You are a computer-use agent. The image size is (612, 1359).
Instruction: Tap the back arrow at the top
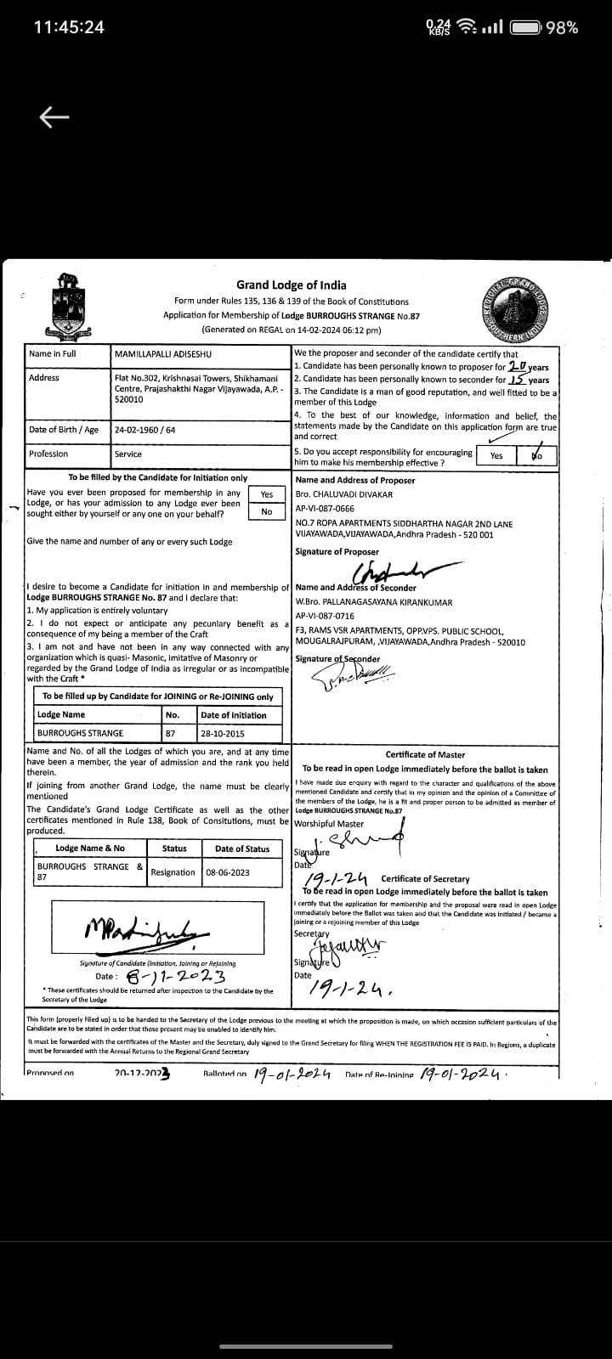[x=54, y=117]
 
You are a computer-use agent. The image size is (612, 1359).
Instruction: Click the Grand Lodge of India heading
[x=291, y=285]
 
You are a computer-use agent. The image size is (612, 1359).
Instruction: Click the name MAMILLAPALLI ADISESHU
[x=163, y=353]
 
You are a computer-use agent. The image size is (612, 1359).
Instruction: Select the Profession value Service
[x=128, y=454]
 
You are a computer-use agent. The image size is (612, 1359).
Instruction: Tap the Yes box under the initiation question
[x=267, y=493]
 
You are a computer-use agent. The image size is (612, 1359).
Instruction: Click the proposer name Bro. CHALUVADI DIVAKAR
[x=343, y=494]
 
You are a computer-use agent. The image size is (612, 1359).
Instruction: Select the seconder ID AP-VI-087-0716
[x=325, y=616]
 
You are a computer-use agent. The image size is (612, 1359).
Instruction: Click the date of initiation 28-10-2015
[x=222, y=733]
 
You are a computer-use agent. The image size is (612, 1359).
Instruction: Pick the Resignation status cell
[x=173, y=872]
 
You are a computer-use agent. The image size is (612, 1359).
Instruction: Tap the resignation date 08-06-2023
[x=227, y=872]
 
